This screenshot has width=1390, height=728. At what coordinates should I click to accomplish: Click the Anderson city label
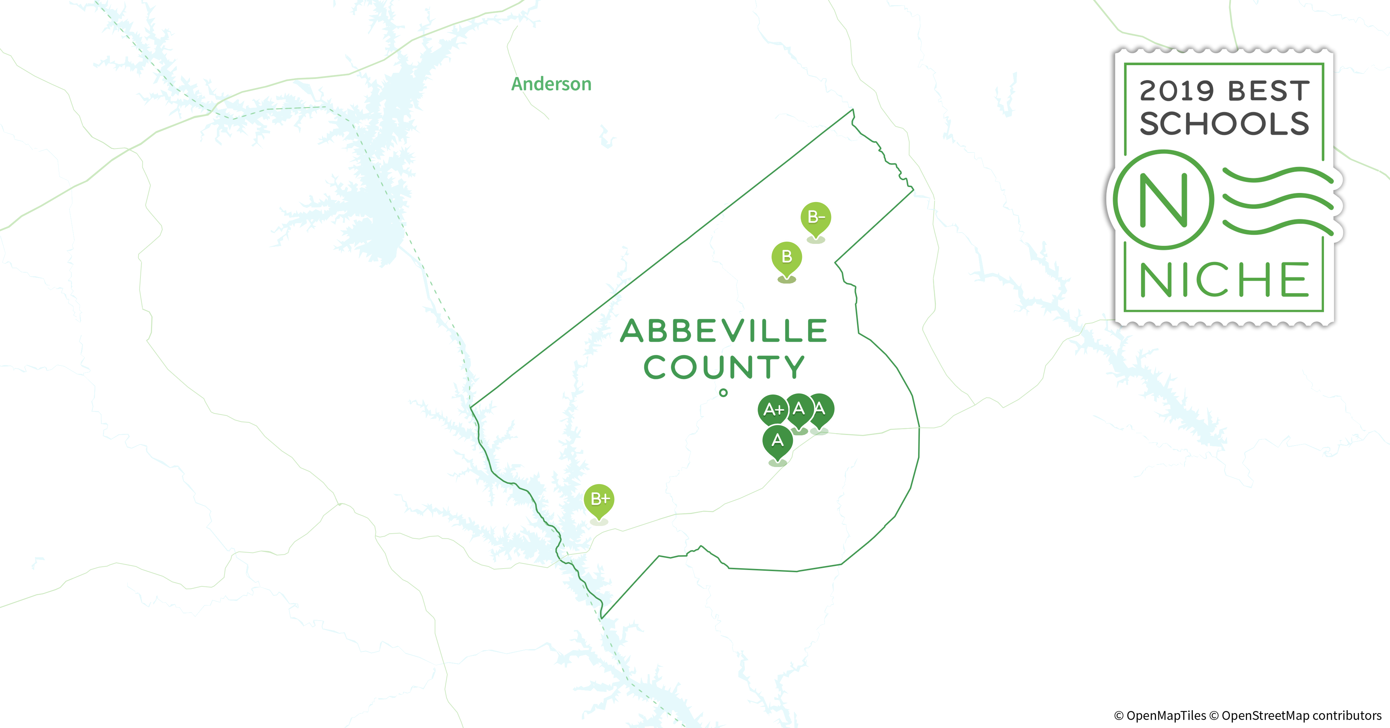tap(551, 84)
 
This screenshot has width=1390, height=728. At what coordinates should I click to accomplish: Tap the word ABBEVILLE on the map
tap(723, 331)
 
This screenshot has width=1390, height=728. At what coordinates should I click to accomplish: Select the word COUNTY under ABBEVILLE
tap(724, 368)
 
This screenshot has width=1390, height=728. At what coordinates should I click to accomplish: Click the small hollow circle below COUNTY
tap(723, 393)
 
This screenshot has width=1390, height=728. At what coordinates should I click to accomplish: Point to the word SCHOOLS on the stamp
tap(1224, 124)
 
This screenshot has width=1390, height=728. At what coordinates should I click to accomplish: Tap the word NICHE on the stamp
tap(1224, 280)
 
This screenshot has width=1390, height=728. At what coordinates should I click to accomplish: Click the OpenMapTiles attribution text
tap(1160, 716)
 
